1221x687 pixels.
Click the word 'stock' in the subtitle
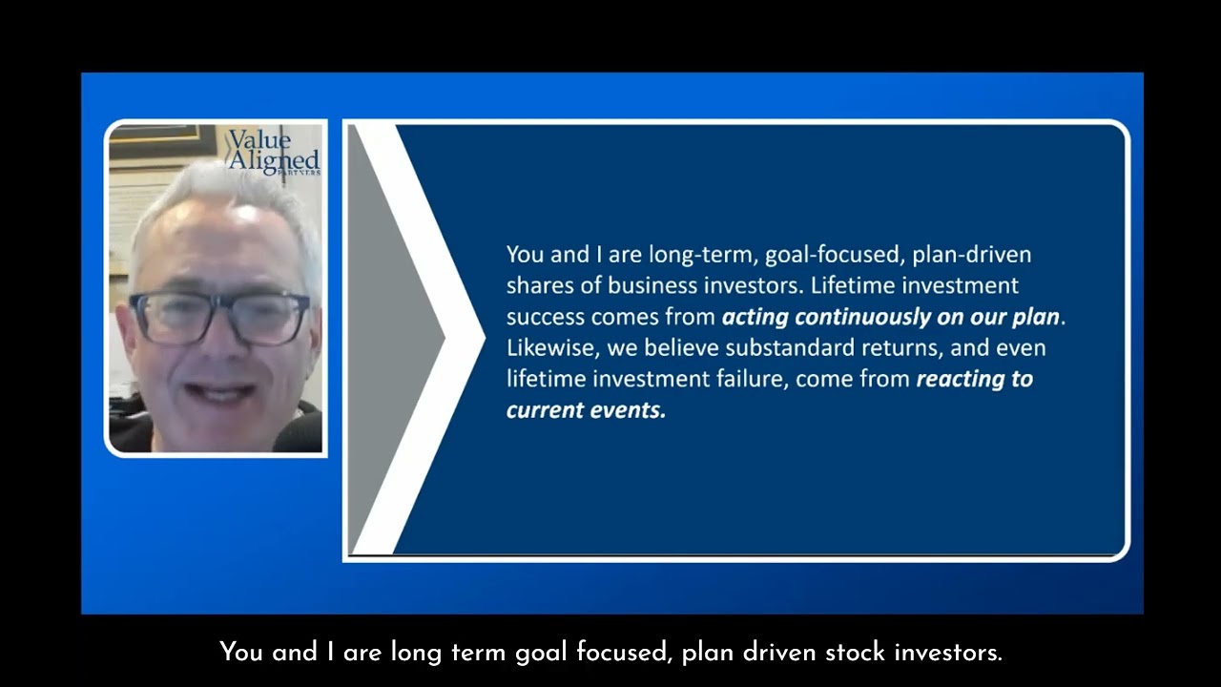coord(855,652)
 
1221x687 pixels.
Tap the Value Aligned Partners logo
coord(274,152)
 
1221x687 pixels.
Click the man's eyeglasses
coord(219,319)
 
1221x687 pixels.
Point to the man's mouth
coord(219,391)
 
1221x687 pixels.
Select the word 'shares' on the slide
coord(540,285)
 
